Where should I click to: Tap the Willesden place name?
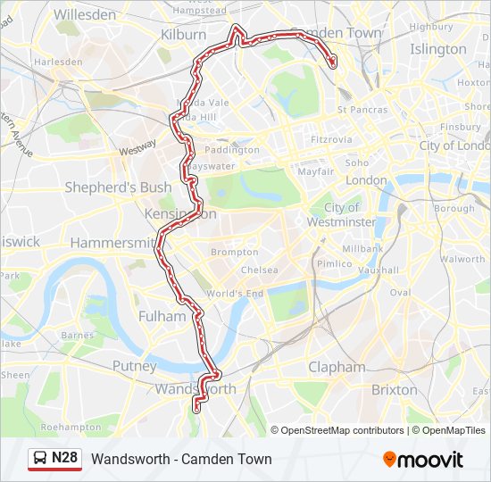coord(85,14)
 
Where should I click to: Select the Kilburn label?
coord(183,34)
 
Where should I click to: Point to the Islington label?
coord(437,49)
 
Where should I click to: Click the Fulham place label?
coord(162,316)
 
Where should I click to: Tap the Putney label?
coord(134,365)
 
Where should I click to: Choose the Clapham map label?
coord(337,367)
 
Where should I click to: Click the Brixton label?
coord(394,389)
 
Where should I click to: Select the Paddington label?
coord(231,150)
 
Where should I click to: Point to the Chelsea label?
coord(259,270)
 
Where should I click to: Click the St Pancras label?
coord(362,110)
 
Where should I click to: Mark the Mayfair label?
coord(315,170)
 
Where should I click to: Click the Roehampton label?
coord(89,427)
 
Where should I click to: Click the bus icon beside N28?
coord(41,459)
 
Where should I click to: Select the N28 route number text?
coord(65,459)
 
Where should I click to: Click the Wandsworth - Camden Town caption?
coord(181,460)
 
